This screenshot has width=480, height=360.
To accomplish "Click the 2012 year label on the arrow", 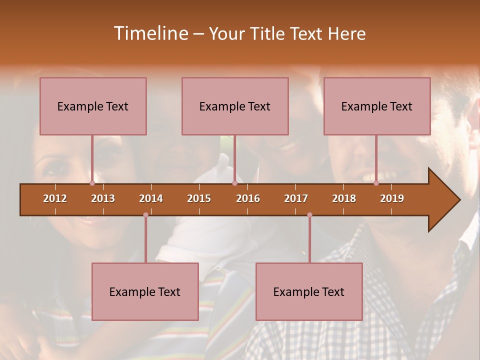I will [x=55, y=198].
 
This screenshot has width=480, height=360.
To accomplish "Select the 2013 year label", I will [x=103, y=198].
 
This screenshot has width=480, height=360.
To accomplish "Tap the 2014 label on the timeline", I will [x=151, y=198].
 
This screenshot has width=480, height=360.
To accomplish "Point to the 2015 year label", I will [x=199, y=198].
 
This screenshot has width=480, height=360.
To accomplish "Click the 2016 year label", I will [x=248, y=198].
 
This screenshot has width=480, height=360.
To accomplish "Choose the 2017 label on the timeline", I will [x=296, y=198].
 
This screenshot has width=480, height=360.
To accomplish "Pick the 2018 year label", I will [x=344, y=198].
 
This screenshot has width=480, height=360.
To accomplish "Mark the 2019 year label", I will [x=392, y=198].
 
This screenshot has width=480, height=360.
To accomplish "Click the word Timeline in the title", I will [x=150, y=33].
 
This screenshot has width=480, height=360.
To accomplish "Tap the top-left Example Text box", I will [x=93, y=106].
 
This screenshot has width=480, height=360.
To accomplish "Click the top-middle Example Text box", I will [x=235, y=106].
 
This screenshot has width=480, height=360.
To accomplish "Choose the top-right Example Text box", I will [x=377, y=106].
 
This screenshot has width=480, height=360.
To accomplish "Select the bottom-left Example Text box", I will [x=145, y=291].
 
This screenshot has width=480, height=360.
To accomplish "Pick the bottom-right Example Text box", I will [x=309, y=291].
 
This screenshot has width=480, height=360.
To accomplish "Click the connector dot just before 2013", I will [x=92, y=183].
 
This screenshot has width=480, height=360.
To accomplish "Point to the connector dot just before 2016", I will [x=234, y=183].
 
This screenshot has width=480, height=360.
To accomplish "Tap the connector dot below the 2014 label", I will [x=145, y=215].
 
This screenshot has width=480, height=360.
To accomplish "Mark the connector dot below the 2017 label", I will [x=309, y=215].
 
